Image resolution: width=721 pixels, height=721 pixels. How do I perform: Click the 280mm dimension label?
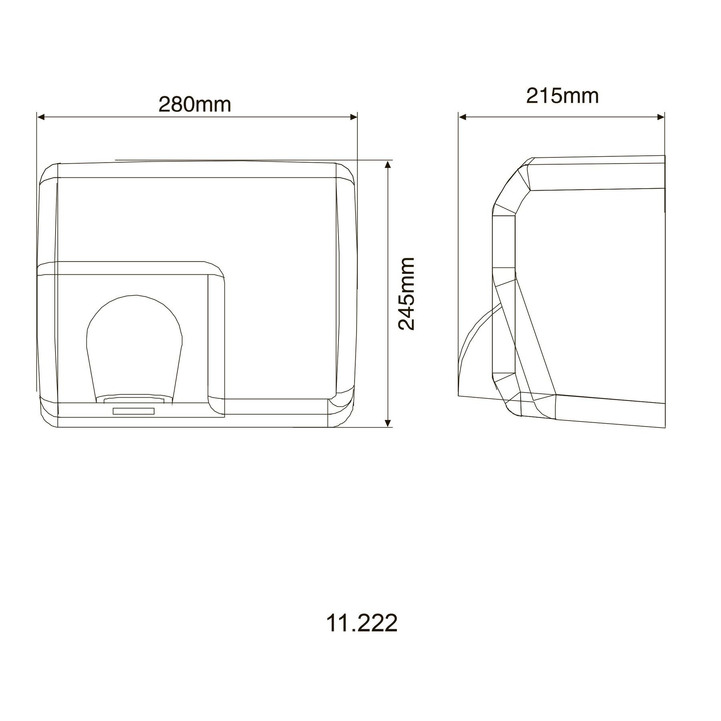tap(195, 105)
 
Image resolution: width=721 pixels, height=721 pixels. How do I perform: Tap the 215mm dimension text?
tap(562, 96)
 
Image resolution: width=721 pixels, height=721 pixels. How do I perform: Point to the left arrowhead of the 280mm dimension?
tap(40, 117)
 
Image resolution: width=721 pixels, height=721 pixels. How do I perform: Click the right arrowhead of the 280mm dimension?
tap(353, 117)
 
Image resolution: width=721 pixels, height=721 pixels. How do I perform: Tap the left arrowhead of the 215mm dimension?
tap(463, 117)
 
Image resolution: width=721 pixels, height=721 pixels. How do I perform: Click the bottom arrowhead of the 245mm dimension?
tap(387, 423)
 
